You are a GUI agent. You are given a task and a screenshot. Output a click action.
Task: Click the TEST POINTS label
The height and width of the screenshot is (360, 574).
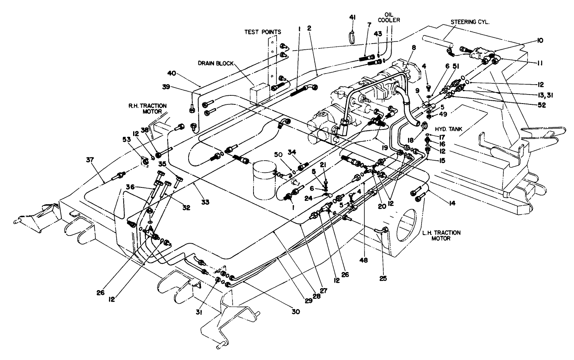click(x=263, y=31)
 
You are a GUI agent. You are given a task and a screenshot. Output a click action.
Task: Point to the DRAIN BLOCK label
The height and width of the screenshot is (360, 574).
click(x=215, y=63)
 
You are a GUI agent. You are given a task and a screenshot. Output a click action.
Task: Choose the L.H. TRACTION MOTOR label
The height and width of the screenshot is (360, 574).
click(x=441, y=235)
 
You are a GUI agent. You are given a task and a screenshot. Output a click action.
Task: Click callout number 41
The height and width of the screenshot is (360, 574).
click(x=353, y=17)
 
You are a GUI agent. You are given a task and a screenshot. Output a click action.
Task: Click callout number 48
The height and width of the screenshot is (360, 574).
click(x=363, y=260)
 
